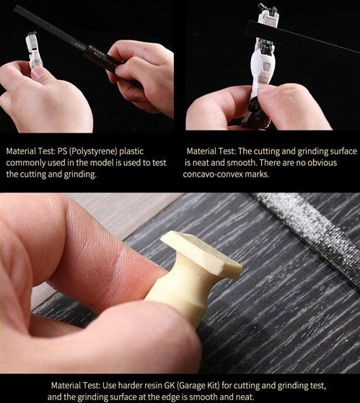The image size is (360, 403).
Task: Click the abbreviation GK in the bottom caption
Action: pyautogui.click(x=170, y=385)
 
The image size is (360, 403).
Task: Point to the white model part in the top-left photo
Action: pyautogui.click(x=33, y=51)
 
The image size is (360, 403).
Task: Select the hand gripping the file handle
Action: pyautogui.click(x=142, y=77)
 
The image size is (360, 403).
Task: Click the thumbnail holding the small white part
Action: pyautogui.click(x=39, y=73)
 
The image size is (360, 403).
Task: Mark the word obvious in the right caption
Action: pyautogui.click(x=322, y=162)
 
